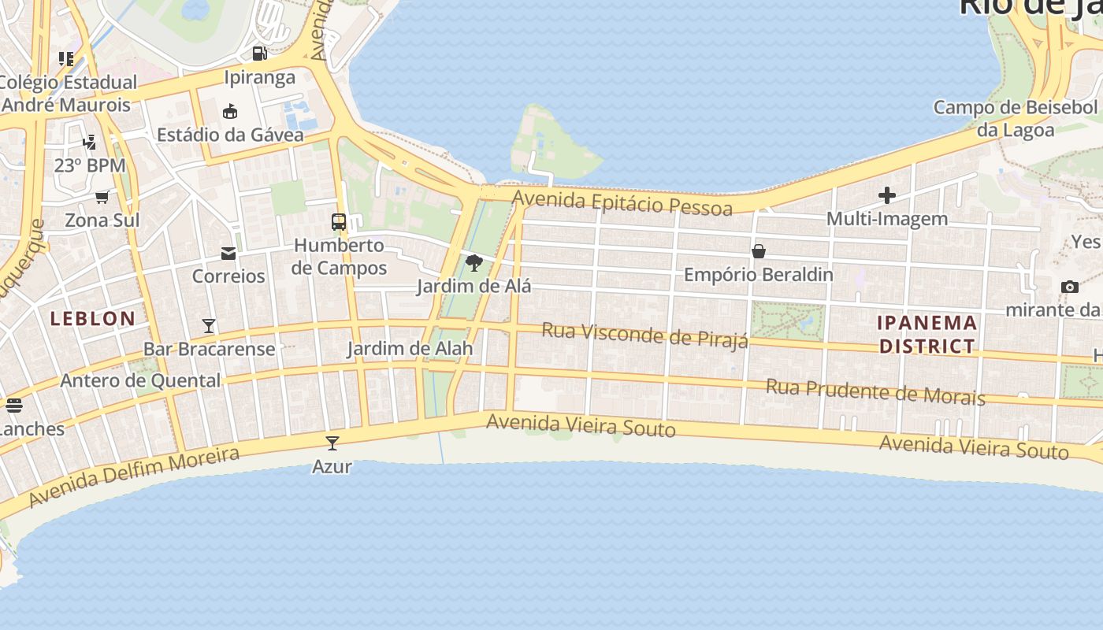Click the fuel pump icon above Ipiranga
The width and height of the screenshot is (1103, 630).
(259, 54)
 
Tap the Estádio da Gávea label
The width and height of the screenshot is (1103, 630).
(230, 135)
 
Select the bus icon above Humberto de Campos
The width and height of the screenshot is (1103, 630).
(339, 222)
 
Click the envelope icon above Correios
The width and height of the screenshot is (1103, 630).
(228, 254)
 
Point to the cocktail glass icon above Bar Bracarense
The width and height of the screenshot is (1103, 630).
(209, 325)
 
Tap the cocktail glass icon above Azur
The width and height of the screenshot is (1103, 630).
(332, 443)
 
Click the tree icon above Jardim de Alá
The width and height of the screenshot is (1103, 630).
(474, 263)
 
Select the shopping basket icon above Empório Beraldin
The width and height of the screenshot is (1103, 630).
(758, 251)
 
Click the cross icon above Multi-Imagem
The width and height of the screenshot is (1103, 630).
(887, 195)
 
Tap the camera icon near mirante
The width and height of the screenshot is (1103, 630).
(1069, 287)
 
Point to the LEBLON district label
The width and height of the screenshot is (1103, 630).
(93, 319)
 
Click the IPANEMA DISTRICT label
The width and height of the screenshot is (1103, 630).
(927, 335)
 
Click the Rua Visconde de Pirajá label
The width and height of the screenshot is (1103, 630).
(644, 335)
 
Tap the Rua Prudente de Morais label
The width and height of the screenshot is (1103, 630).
(875, 391)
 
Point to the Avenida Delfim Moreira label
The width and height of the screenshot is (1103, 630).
(134, 476)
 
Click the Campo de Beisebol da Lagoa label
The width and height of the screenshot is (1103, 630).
(1015, 118)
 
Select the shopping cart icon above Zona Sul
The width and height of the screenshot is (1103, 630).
(102, 197)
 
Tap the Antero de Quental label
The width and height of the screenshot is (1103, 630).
(140, 381)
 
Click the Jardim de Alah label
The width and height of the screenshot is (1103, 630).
(410, 348)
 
